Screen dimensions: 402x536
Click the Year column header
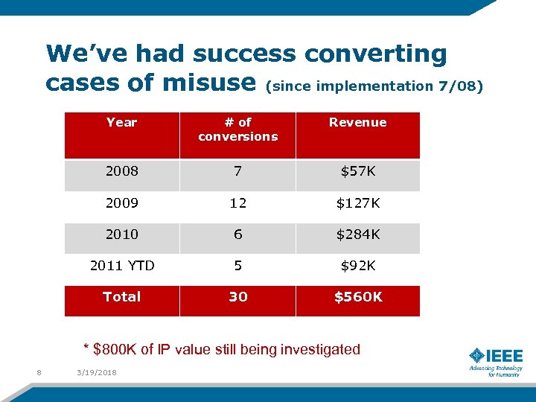(x=121, y=123)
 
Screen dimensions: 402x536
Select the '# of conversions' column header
(x=237, y=130)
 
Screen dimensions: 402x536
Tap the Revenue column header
(x=357, y=123)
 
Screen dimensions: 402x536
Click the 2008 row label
(x=121, y=172)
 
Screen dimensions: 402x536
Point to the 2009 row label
(x=121, y=203)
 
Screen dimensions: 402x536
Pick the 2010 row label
(x=121, y=234)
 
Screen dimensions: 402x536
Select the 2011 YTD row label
(x=121, y=265)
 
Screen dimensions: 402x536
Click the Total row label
(x=121, y=297)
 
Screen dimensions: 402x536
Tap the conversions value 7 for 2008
(x=237, y=172)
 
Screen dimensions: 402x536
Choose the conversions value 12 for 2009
(x=237, y=203)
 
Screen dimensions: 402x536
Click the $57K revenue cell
(x=357, y=172)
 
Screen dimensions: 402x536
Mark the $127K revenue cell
(x=357, y=203)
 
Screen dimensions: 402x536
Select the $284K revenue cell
(x=357, y=234)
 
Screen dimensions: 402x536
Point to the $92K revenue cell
(x=357, y=265)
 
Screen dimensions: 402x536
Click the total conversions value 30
(x=237, y=297)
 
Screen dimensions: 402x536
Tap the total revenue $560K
(x=357, y=297)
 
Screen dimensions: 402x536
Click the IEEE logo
(x=496, y=361)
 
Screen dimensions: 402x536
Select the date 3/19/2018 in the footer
(x=96, y=372)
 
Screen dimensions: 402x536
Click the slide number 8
(x=38, y=372)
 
